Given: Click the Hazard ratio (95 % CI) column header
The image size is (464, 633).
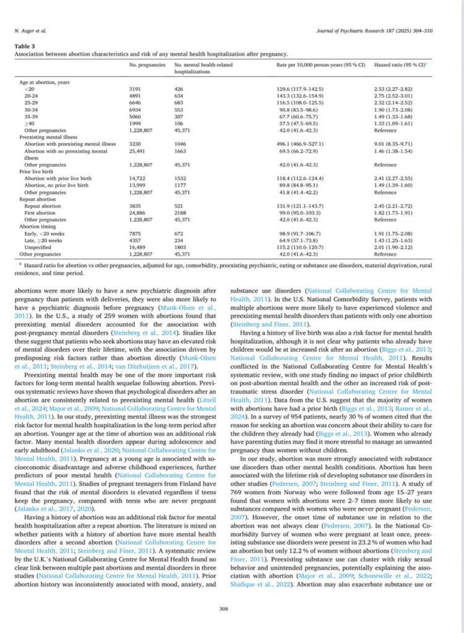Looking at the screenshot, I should coord(394,65).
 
